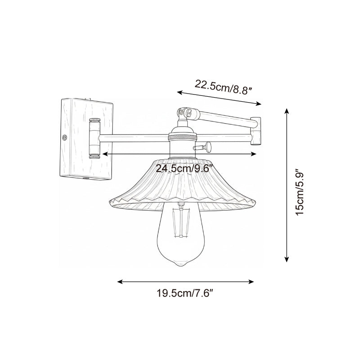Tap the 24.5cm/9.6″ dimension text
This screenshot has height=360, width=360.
point(184,169)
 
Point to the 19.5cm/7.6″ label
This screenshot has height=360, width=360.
point(184,295)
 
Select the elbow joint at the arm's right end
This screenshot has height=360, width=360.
point(256,131)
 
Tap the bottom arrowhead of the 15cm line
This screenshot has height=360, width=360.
point(286,260)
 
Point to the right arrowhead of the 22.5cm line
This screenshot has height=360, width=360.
point(259,104)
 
